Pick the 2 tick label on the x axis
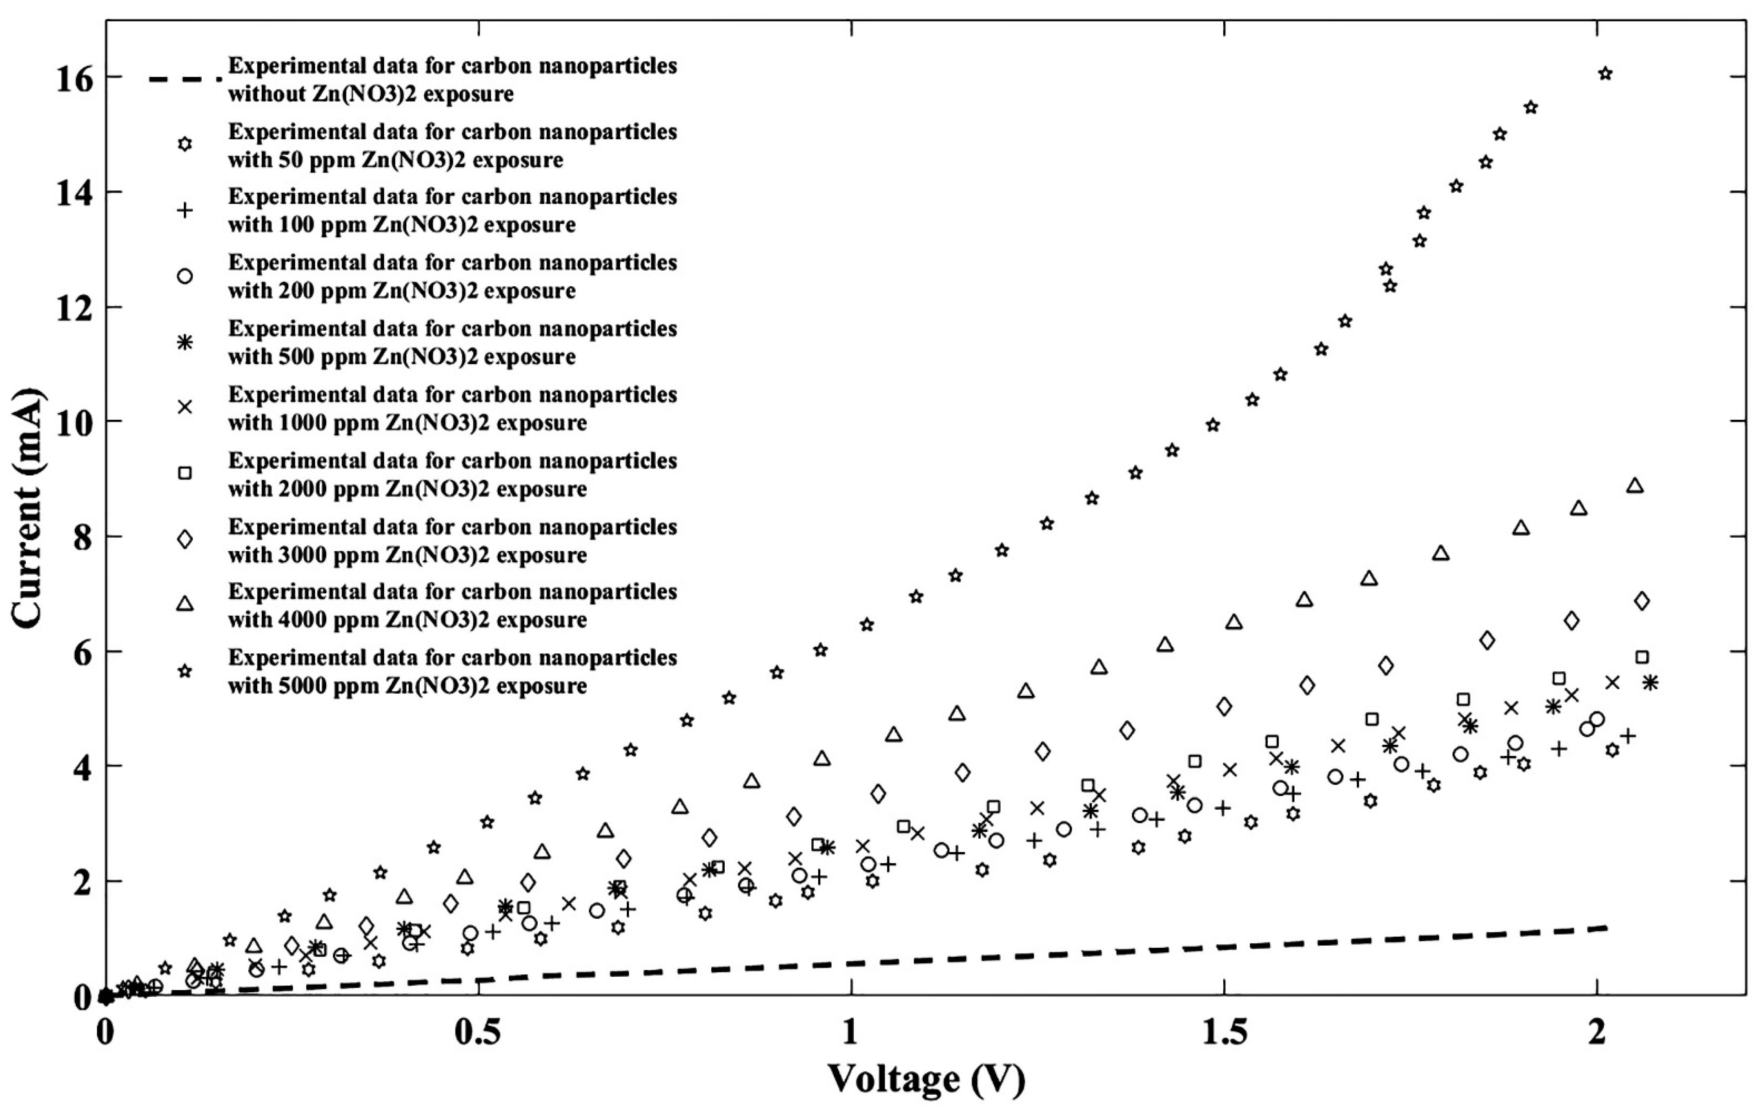coord(1597,1033)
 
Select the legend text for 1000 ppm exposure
coord(452,408)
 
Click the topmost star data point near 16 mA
coord(1605,73)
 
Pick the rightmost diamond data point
coord(1642,601)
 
